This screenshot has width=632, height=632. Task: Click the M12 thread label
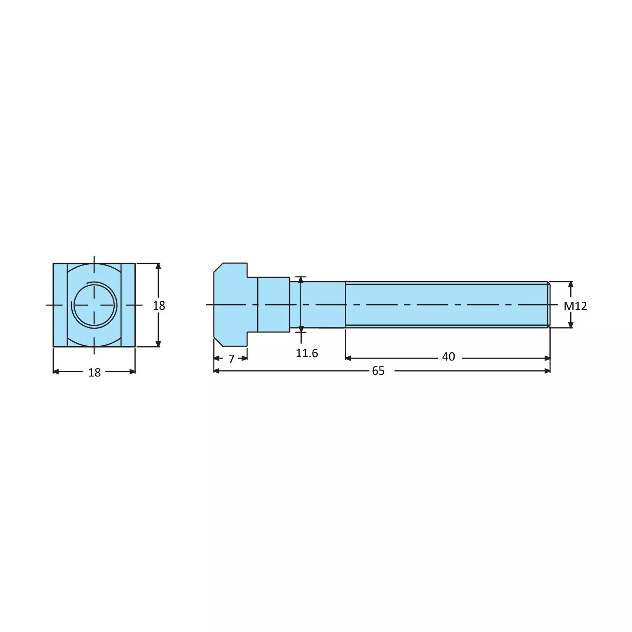point(575,306)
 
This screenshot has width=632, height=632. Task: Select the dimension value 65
point(378,371)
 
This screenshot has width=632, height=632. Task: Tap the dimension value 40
point(448,357)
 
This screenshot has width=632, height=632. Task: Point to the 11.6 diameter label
point(307,353)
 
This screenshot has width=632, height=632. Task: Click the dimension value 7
point(231,359)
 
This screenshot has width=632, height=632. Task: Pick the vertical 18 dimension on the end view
point(159,305)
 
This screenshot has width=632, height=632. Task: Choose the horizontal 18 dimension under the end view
point(95,372)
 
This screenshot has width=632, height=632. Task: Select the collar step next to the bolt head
point(273,305)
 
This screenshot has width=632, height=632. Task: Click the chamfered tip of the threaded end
point(548,305)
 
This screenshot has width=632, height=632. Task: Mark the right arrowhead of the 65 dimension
point(547,371)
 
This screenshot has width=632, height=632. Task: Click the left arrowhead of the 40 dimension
point(348,358)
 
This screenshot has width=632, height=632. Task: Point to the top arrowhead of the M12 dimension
point(571,284)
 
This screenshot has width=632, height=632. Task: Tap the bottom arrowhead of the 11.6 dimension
point(301,329)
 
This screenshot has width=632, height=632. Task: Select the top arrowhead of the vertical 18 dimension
point(158,266)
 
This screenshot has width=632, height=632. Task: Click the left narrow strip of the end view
point(60,305)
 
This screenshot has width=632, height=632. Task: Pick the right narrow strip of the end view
point(128,305)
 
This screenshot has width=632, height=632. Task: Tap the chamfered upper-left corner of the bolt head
point(218,267)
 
